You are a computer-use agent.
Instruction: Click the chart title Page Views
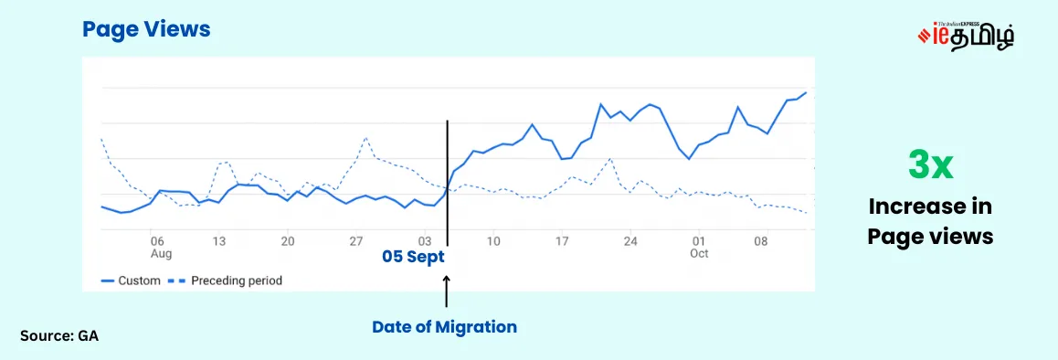[146, 30]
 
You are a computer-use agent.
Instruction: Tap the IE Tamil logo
[966, 35]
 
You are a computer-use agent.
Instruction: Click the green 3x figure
[930, 166]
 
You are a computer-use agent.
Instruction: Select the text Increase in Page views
[930, 221]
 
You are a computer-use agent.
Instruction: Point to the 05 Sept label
[413, 257]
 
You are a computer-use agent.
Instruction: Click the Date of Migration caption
[444, 326]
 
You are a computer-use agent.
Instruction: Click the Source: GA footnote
[59, 336]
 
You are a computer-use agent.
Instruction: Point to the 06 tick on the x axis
[157, 241]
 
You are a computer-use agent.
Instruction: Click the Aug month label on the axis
[161, 253]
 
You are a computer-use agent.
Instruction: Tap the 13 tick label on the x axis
[219, 241]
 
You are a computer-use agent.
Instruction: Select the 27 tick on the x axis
[356, 241]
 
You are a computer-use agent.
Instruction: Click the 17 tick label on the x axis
[562, 241]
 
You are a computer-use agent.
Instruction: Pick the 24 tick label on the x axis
[630, 241]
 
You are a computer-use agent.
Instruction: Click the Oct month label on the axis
[700, 253]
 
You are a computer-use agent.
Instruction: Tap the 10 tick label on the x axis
[493, 241]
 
